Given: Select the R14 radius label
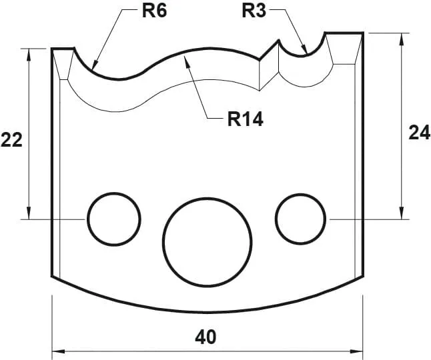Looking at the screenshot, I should pyautogui.click(x=246, y=119).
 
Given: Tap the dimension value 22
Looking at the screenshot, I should pyautogui.click(x=11, y=140).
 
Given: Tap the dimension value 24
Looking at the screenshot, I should pyautogui.click(x=419, y=133).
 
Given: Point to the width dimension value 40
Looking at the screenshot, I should pyautogui.click(x=206, y=337).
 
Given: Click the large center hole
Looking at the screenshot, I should pyautogui.click(x=207, y=241).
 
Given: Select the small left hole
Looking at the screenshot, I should pyautogui.click(x=113, y=219).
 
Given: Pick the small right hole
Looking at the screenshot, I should pyautogui.click(x=300, y=219).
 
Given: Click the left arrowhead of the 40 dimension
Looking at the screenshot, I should pyautogui.click(x=54, y=351).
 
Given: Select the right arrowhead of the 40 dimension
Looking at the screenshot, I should pyautogui.click(x=362, y=351).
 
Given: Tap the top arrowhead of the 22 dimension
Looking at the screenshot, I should pyautogui.click(x=29, y=50).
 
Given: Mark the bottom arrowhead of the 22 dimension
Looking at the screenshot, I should pyautogui.click(x=29, y=217).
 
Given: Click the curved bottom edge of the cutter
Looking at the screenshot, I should pyautogui.click(x=207, y=311).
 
